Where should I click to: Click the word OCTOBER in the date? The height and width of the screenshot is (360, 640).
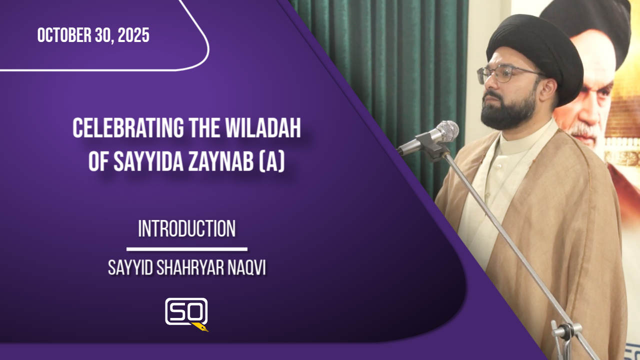click(64, 35)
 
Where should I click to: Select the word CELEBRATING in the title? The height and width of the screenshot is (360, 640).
click(128, 128)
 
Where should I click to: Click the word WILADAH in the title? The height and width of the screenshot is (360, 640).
click(263, 128)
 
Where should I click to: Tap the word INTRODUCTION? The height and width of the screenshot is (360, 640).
click(187, 228)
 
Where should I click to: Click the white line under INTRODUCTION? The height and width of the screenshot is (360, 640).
click(187, 249)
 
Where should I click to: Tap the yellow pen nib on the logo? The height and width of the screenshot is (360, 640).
click(200, 327)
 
